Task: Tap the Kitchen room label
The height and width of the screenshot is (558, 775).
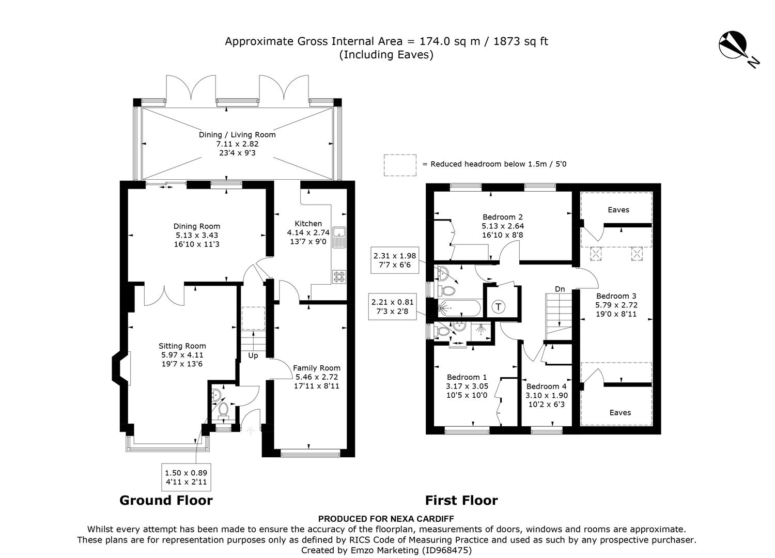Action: [x=308, y=224]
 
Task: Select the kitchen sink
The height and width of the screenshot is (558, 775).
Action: [x=339, y=237]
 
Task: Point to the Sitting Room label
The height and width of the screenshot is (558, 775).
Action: [x=182, y=346]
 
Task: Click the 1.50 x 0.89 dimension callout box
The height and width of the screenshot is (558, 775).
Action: [x=186, y=477]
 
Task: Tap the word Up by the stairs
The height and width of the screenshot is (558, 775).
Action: [x=253, y=355]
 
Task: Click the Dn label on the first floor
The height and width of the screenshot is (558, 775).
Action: [x=560, y=289]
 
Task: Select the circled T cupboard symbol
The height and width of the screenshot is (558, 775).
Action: [x=498, y=306]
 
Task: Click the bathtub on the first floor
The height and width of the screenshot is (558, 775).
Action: [x=459, y=307]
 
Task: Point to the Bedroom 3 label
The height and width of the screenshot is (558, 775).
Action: [x=616, y=296]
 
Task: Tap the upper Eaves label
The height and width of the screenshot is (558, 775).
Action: [x=618, y=210]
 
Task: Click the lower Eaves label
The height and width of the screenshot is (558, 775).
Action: [x=620, y=412]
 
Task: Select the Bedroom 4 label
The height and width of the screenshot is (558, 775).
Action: [x=547, y=386]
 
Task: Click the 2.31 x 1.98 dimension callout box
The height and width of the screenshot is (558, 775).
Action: [x=394, y=260]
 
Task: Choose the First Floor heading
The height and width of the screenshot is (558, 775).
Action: [x=461, y=500]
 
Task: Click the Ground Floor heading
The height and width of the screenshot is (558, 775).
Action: [x=166, y=500]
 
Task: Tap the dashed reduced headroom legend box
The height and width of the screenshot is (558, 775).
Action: [x=400, y=165]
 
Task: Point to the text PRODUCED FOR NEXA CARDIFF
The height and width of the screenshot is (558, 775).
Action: [x=386, y=519]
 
